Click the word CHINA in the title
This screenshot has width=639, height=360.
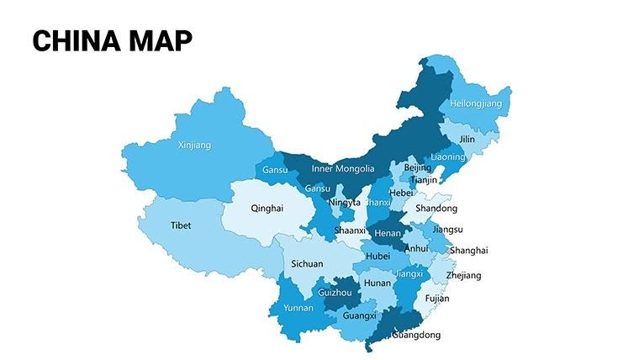[76, 40]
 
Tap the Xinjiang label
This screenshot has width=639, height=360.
[194, 145]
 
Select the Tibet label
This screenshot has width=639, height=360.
[181, 225]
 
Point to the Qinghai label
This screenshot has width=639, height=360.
[267, 208]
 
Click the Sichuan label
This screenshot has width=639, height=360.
[307, 263]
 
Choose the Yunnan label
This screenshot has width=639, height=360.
[298, 308]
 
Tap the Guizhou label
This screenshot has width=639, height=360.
[335, 293]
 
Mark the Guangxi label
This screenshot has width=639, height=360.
[360, 316]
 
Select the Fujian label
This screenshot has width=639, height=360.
[437, 298]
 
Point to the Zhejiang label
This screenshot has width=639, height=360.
[464, 275]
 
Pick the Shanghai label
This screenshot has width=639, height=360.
[468, 250]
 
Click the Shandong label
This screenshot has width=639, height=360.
[437, 208]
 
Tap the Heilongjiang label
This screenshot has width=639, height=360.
[475, 103]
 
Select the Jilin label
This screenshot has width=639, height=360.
[467, 139]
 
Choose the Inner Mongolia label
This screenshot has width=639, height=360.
[343, 168]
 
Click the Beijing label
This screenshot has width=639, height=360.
[417, 167]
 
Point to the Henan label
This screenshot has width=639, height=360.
[388, 232]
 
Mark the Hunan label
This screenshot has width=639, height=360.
[378, 283]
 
